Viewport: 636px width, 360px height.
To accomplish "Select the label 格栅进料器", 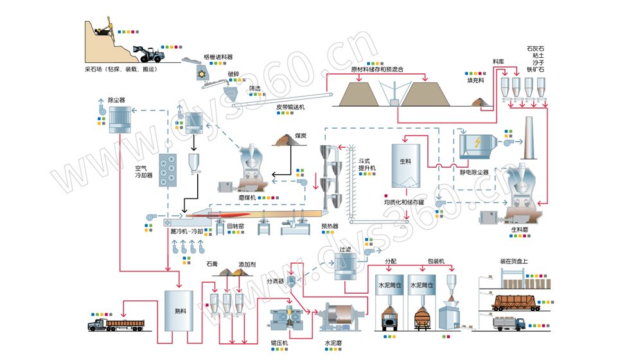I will pyautogui.click(x=218, y=57).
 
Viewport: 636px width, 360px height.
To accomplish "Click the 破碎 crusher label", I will pyautogui.click(x=233, y=73).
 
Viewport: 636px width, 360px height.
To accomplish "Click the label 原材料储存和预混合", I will pyautogui.click(x=377, y=69).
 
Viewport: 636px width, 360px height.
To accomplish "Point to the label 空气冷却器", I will pyautogui.click(x=143, y=170).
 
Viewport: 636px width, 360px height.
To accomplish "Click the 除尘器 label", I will pyautogui.click(x=116, y=100).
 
